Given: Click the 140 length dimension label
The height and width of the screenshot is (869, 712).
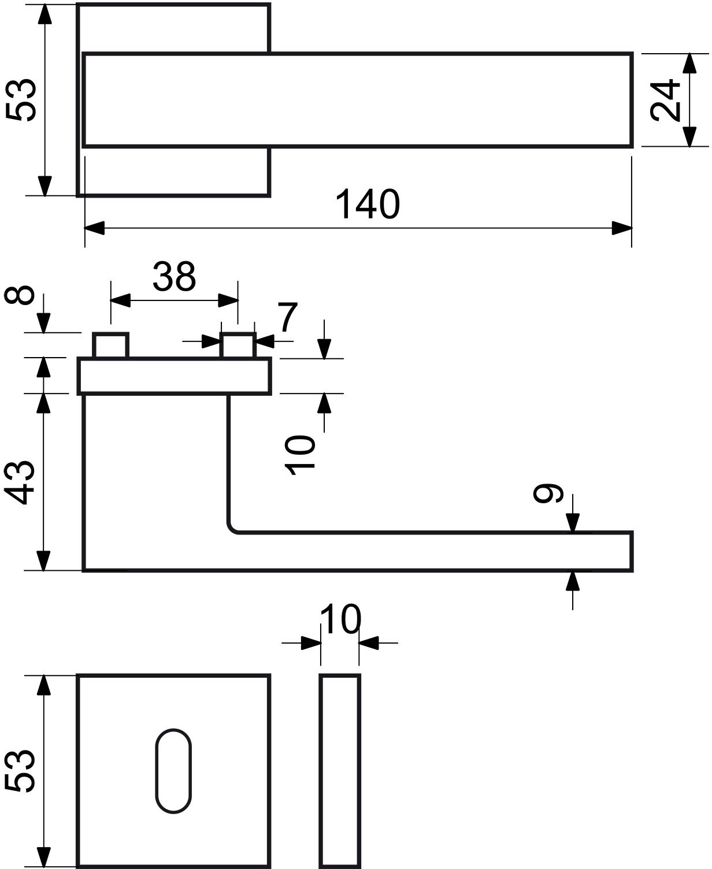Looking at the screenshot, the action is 367,205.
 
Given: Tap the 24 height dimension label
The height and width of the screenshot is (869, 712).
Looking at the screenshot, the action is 665,100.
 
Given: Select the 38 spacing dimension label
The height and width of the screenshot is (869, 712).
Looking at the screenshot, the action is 174,277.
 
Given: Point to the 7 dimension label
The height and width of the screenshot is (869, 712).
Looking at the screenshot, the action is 288,317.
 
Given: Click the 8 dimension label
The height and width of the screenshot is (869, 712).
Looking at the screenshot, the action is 20,295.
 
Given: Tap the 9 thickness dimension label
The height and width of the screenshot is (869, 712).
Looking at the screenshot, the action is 548,493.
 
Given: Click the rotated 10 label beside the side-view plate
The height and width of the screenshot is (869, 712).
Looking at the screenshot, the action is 300,455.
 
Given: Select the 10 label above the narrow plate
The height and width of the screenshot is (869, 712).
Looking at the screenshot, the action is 340,619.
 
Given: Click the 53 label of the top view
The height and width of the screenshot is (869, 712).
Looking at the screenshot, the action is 21,99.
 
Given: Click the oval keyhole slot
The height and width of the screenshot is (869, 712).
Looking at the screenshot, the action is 173,771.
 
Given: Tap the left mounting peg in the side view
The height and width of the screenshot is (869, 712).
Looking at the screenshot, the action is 110,346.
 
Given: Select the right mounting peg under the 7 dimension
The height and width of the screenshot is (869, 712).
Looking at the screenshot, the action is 238,346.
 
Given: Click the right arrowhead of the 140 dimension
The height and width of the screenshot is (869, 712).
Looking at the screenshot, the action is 622,228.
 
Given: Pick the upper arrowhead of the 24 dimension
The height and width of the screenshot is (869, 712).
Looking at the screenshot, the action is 689,63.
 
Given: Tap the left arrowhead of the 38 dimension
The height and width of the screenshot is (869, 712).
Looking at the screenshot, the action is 120,300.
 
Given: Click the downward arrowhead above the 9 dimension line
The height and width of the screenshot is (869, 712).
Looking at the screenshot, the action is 572,523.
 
